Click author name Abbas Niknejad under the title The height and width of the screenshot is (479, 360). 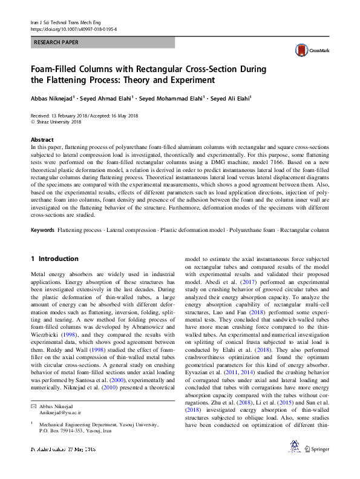click(x=51, y=98)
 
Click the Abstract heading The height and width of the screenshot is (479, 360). click(x=42, y=139)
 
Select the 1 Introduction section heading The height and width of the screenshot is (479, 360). click(x=54, y=259)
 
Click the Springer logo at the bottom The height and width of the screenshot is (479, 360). click(x=318, y=466)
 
